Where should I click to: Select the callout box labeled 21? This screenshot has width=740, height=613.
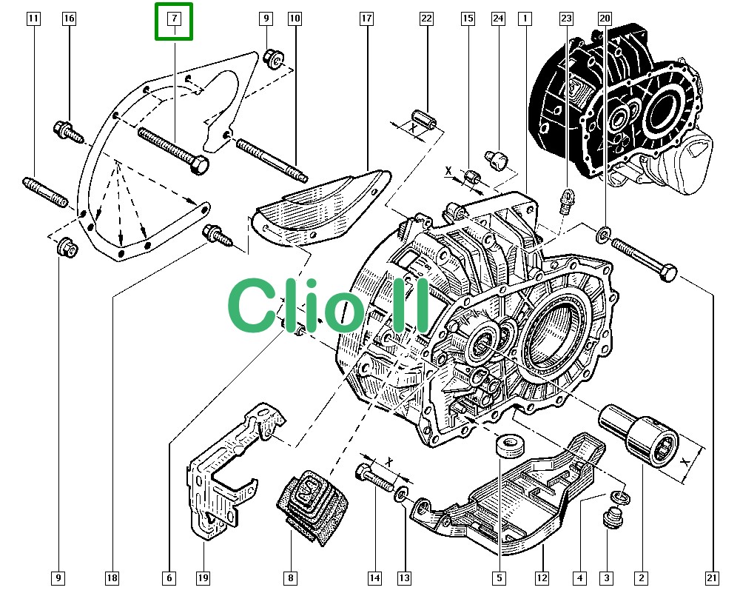[x=713, y=577]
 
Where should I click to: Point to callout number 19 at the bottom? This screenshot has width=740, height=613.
[x=203, y=577]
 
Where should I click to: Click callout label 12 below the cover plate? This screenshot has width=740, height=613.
[x=542, y=577]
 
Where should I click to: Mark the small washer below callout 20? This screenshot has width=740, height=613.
[x=602, y=236]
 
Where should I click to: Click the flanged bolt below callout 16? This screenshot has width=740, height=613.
[x=69, y=131]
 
